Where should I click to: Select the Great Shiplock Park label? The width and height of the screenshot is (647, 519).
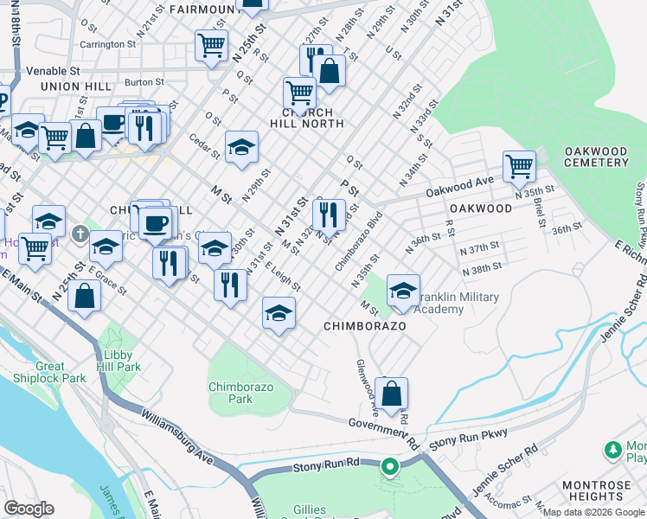click(49, 372)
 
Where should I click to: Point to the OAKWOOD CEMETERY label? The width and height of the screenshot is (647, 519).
click(596, 157)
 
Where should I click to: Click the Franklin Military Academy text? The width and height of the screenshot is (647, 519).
click(458, 304)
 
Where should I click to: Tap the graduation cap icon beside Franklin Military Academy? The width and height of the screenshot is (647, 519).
click(403, 292)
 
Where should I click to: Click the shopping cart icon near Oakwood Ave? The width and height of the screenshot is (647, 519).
click(519, 164)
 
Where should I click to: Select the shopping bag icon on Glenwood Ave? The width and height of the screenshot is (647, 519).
click(392, 394)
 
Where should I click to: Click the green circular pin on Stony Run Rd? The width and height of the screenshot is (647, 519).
click(389, 468)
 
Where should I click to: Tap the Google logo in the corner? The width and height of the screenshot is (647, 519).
click(29, 508)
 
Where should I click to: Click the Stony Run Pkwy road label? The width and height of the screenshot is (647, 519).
click(466, 431)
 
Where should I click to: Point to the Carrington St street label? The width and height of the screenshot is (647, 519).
click(108, 43)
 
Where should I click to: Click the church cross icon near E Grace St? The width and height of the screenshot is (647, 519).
click(79, 234)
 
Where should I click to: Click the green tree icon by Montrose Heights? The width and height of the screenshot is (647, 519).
click(613, 449)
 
